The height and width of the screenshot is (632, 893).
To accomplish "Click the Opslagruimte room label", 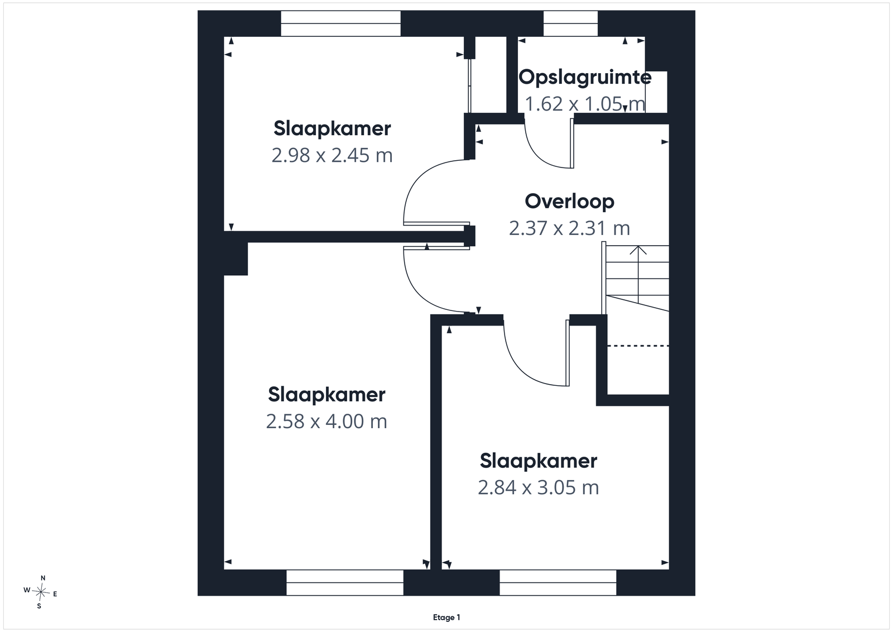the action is click(585, 78).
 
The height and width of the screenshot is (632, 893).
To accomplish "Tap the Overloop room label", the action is click(569, 202).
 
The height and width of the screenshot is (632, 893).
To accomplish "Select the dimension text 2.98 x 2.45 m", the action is click(332, 155).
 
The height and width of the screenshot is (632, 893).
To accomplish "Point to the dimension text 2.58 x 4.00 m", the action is click(327, 422).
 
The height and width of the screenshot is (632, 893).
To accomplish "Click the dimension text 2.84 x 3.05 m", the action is click(538, 487).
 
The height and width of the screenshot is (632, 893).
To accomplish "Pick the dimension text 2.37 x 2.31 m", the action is click(569, 228).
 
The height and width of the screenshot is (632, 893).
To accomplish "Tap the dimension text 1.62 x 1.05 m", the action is click(585, 104).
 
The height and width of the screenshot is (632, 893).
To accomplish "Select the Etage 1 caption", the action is click(446, 617).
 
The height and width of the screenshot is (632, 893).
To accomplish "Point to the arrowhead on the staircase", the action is click(638, 250).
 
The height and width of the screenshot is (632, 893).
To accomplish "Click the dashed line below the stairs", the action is click(638, 346).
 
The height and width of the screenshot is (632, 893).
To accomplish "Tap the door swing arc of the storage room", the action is click(539, 156).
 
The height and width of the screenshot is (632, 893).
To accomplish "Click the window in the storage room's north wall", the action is click(570, 23).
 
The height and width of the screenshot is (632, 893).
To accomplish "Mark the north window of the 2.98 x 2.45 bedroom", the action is click(341, 23).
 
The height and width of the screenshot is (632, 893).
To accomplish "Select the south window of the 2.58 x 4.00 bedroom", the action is click(345, 582).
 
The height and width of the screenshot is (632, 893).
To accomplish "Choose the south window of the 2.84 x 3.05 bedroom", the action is click(558, 582).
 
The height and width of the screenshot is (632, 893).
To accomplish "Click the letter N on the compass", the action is click(43, 578).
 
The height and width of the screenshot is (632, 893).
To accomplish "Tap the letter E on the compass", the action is click(55, 594).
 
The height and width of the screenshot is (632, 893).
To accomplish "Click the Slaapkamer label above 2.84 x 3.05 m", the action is click(538, 461).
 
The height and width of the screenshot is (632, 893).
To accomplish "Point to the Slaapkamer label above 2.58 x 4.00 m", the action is click(327, 395).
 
